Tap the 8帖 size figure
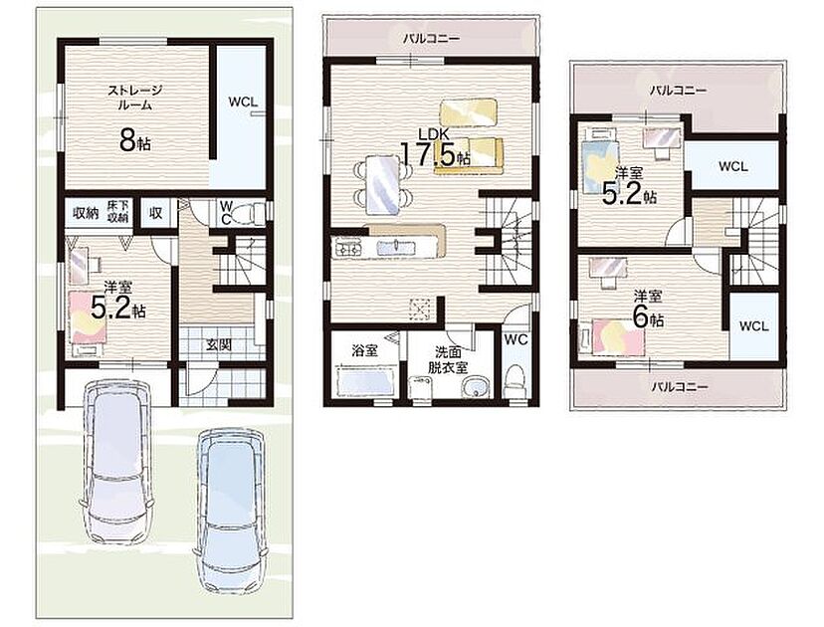pyautogui.click(x=135, y=139)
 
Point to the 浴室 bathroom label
pyautogui.click(x=364, y=350)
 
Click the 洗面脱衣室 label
pyautogui.click(x=448, y=360)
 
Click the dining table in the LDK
pyautogui.click(x=382, y=184)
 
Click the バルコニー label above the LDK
pyautogui.click(x=432, y=38)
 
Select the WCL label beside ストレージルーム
pyautogui.click(x=243, y=102)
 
